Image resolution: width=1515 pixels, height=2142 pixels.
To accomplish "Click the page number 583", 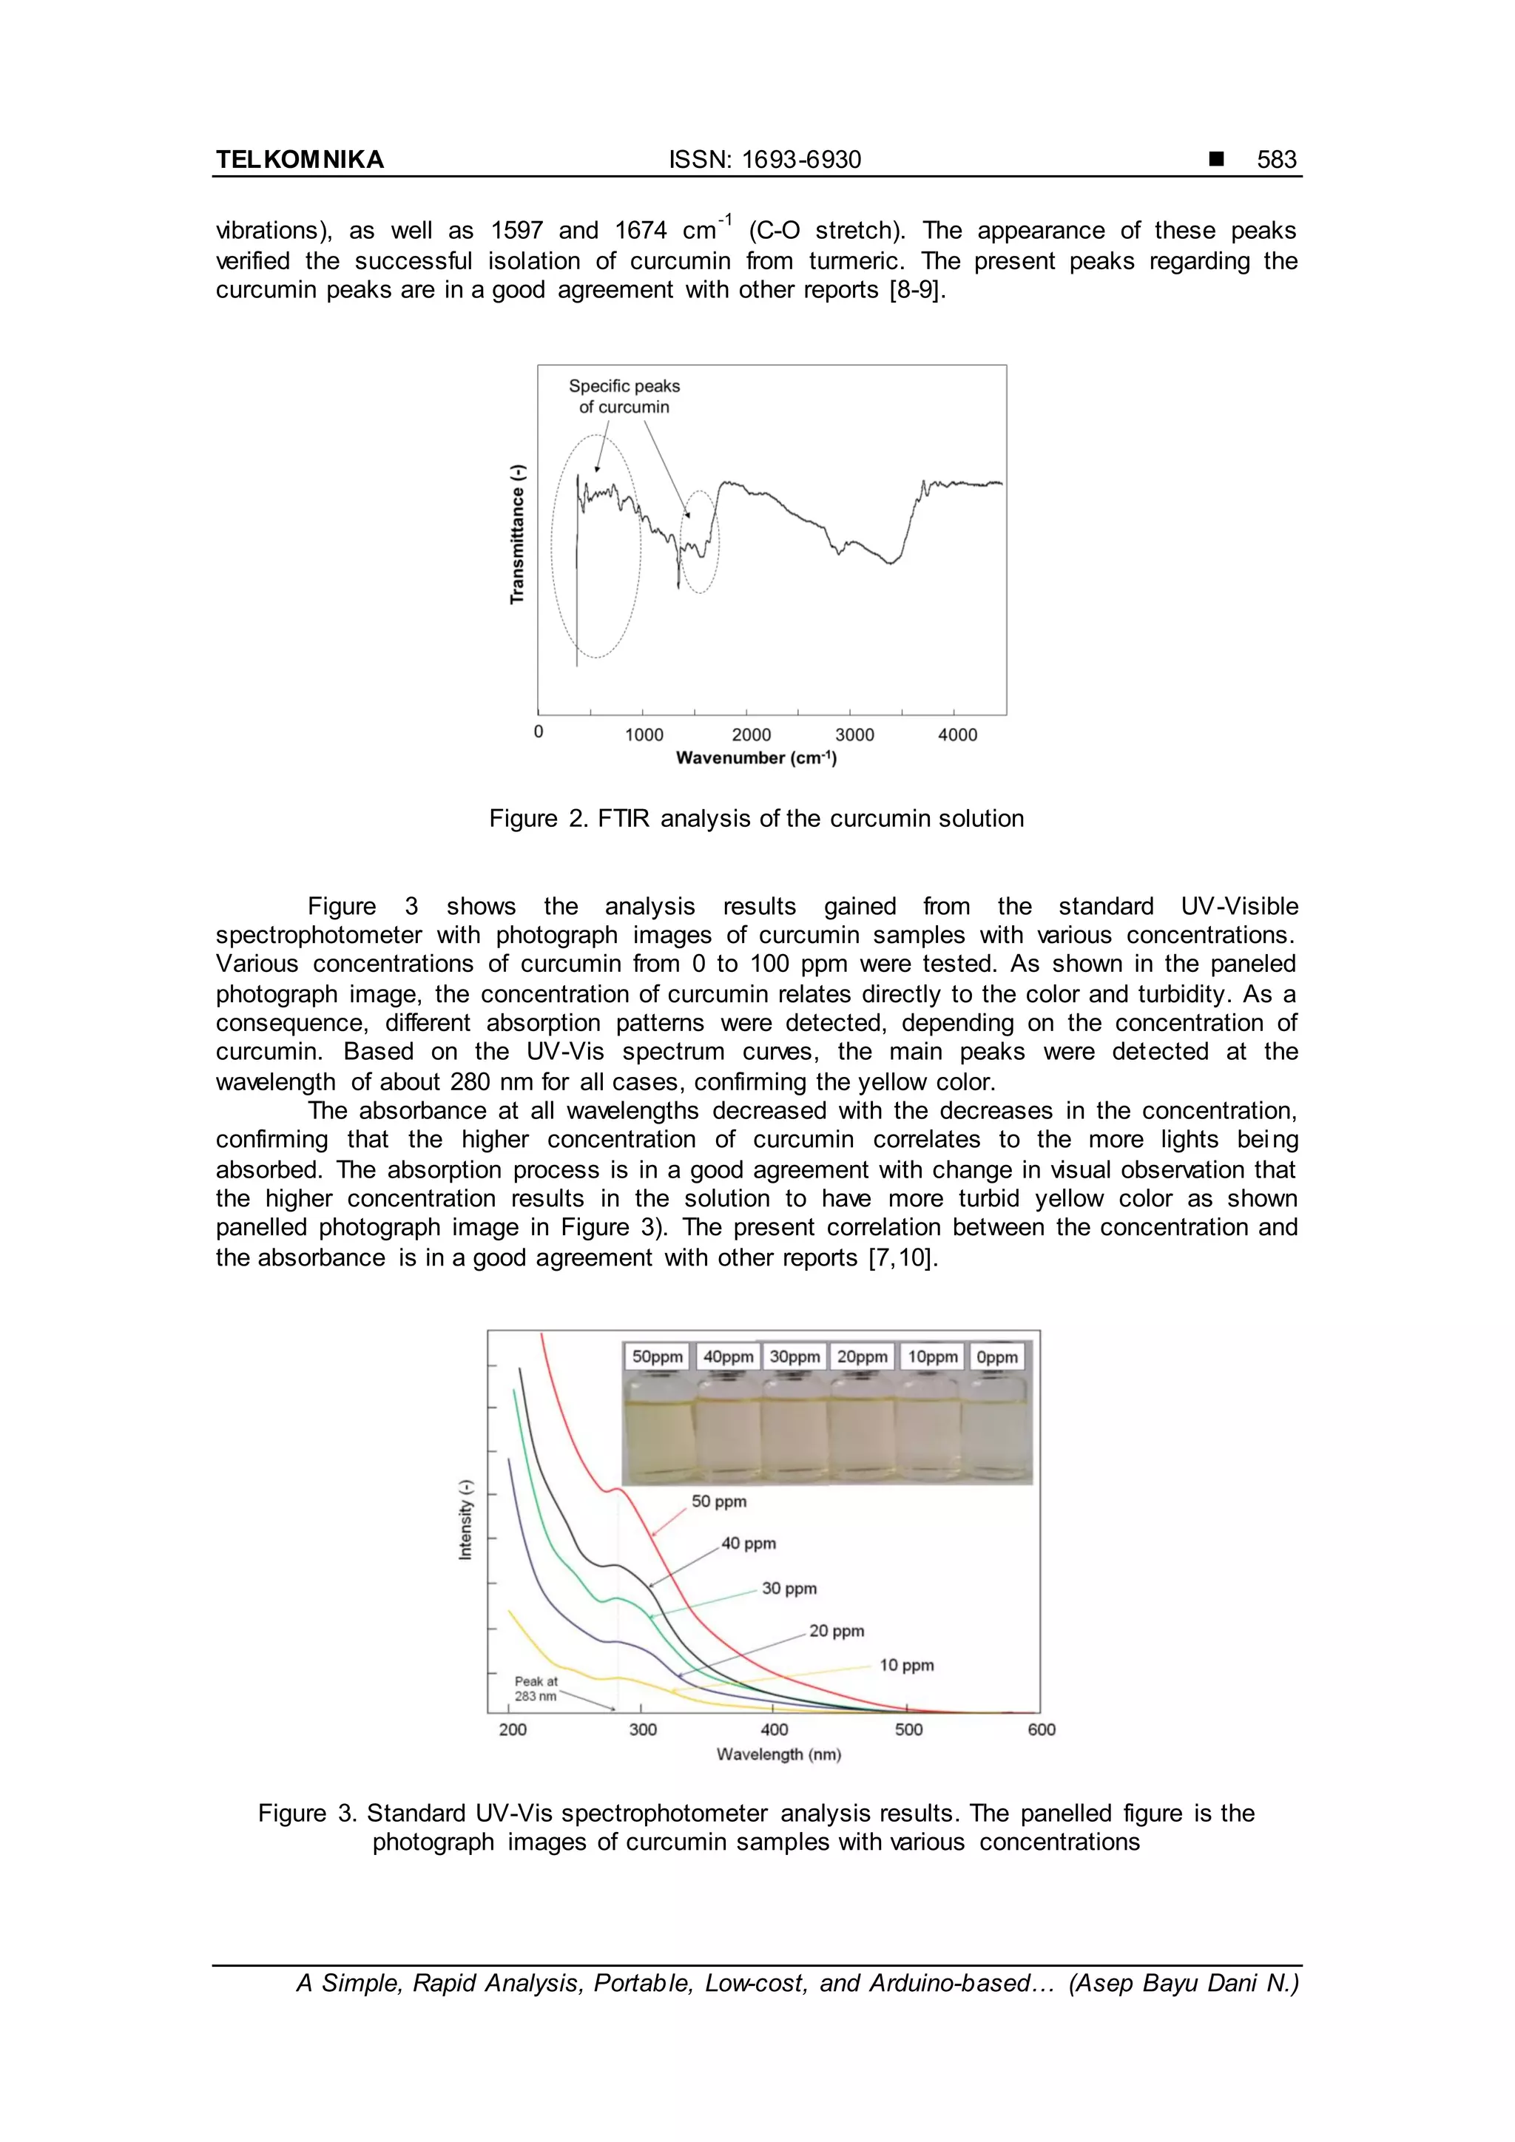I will pyautogui.click(x=1275, y=160).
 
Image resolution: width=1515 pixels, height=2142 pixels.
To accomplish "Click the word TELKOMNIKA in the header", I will pyautogui.click(x=300, y=160).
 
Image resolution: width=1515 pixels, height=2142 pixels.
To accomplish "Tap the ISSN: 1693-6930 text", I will pyautogui.click(x=764, y=160).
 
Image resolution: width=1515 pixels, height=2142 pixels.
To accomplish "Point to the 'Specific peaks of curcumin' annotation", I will pyautogui.click(x=624, y=396).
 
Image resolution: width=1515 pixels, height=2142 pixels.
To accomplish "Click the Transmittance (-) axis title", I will pyautogui.click(x=518, y=533).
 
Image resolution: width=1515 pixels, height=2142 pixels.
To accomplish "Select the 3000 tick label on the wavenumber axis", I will pyautogui.click(x=854, y=734).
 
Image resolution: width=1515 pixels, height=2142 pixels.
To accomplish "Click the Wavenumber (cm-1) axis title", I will pyautogui.click(x=755, y=757).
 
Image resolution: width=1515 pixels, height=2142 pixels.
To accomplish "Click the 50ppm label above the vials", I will pyautogui.click(x=657, y=1357).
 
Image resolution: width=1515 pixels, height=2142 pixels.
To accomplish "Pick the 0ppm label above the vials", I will pyautogui.click(x=996, y=1357).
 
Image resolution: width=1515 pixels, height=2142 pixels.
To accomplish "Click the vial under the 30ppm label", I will pyautogui.click(x=794, y=1428).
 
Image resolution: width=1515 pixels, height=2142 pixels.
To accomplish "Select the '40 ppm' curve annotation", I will pyautogui.click(x=748, y=1543).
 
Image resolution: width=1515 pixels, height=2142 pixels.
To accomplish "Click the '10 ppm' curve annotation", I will pyautogui.click(x=906, y=1665).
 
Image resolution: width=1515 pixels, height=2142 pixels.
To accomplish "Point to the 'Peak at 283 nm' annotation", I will pyautogui.click(x=536, y=1689).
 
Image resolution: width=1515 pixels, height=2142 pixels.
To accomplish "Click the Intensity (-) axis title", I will pyautogui.click(x=465, y=1520).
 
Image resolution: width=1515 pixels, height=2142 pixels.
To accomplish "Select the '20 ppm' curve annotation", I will pyautogui.click(x=836, y=1631).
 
